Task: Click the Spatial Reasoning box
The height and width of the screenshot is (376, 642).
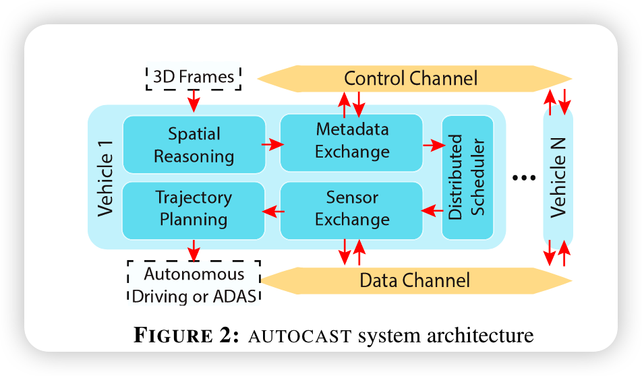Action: point(194,144)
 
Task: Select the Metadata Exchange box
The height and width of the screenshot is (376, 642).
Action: point(351,142)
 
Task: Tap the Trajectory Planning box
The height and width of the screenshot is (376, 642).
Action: point(194,210)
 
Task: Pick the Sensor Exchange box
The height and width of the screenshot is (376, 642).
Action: point(351,210)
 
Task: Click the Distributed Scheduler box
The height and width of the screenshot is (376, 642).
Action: point(467,177)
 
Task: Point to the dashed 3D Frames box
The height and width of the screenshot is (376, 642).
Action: point(194,77)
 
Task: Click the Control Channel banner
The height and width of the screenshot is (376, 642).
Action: point(414,79)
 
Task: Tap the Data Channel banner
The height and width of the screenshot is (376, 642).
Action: point(416,281)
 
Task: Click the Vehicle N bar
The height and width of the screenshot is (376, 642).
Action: point(558,177)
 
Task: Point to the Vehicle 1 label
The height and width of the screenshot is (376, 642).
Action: point(105,179)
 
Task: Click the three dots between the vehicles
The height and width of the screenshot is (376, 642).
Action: point(524,178)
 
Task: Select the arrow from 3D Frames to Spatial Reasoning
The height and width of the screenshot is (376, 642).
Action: point(194,100)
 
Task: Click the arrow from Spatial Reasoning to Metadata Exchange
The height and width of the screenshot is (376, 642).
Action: point(272,144)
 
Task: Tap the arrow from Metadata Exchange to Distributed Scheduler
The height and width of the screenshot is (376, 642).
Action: point(434,145)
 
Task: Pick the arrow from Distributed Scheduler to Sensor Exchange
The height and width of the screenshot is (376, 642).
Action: point(432,211)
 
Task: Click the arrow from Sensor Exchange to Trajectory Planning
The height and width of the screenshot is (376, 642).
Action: point(273,211)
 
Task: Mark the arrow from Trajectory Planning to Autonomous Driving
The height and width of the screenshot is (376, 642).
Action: point(194,251)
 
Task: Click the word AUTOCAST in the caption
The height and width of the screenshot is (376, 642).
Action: point(300,336)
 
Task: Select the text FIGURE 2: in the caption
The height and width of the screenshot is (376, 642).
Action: point(186,335)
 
